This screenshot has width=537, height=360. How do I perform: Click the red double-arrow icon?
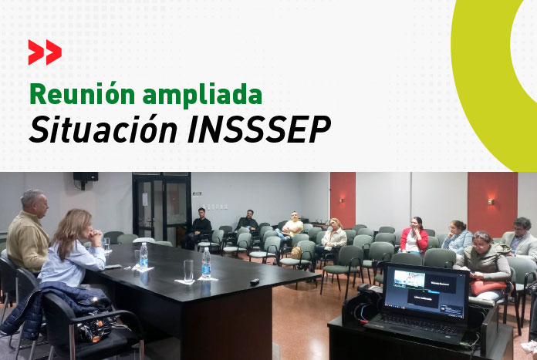coord(45,52)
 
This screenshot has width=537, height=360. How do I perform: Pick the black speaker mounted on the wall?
coord(85,177)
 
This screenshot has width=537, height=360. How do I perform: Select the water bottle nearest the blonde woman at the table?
coord(144,255)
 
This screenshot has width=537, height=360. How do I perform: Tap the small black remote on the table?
coord(255,281)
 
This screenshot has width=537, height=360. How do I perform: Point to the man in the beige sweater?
coord(29,230)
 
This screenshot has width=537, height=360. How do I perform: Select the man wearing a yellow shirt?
coord(292,227)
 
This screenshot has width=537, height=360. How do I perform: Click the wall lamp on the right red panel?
coord(491,202)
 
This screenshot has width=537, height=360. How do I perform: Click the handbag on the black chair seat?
coord(93,330)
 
